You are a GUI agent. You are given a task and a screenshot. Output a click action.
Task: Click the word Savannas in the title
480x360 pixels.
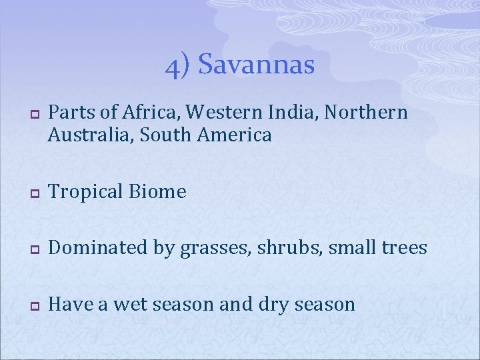click(256, 65)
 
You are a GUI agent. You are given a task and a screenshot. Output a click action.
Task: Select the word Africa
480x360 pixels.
click(146, 113)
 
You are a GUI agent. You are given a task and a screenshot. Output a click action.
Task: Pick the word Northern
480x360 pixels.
click(362, 113)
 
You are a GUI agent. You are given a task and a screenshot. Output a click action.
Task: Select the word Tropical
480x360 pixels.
click(87, 192)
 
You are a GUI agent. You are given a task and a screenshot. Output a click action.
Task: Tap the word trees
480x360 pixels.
click(402, 248)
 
